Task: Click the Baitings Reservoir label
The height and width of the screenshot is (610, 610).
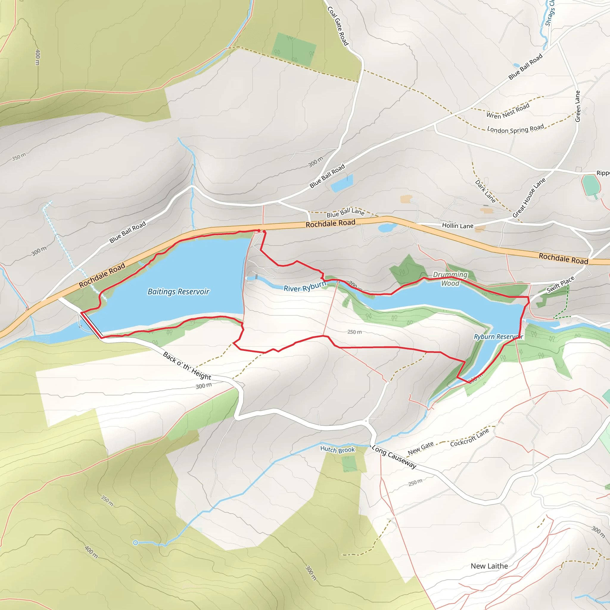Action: (178, 291)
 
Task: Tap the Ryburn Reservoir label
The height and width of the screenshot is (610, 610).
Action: (498, 337)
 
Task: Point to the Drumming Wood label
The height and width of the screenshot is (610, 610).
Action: (450, 279)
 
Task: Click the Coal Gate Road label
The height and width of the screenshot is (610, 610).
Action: (338, 26)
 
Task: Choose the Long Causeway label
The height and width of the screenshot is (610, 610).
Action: (394, 457)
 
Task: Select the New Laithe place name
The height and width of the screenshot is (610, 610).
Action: (489, 566)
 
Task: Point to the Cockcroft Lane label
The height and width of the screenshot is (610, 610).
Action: (469, 438)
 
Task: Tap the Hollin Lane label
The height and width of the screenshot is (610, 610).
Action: (457, 226)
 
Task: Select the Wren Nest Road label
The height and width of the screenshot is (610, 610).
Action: (508, 111)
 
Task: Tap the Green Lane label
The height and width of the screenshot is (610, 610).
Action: (578, 106)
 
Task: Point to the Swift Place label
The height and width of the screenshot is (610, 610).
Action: (561, 284)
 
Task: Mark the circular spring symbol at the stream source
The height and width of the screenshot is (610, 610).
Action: (136, 543)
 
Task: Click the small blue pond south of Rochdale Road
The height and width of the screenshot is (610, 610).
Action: (387, 228)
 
